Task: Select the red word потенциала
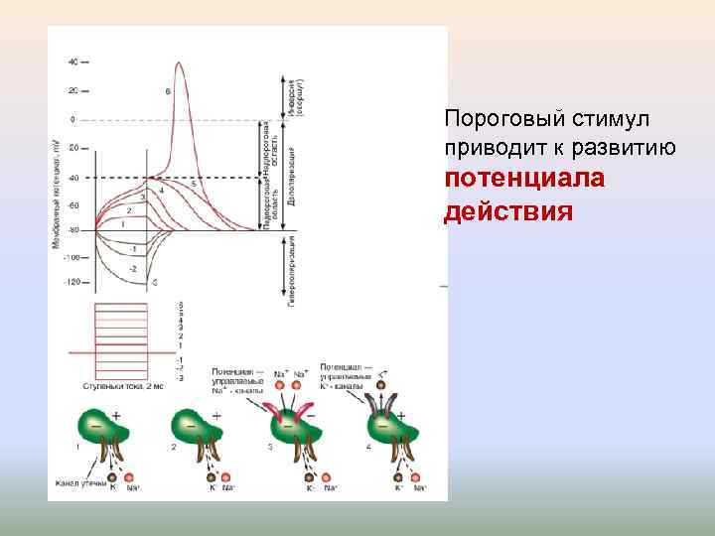click(506, 181)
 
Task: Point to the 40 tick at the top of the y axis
click(73, 62)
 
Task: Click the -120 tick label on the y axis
click(71, 283)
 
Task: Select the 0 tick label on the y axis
click(72, 119)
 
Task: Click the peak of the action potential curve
click(180, 65)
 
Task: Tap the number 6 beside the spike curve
click(168, 91)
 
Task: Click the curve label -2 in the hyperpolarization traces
click(133, 268)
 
